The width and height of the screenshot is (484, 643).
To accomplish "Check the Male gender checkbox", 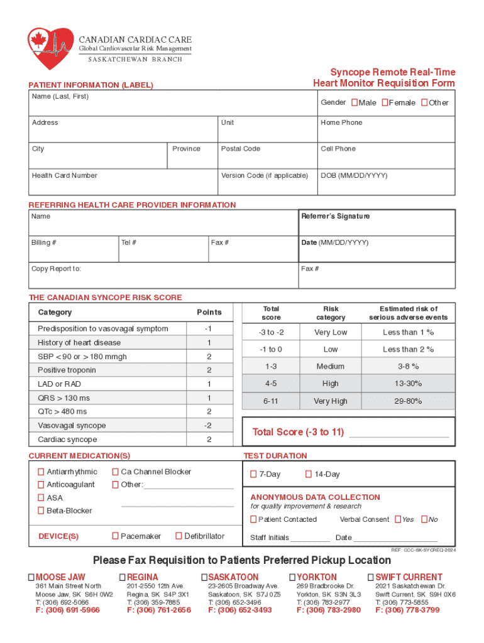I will [x=355, y=102].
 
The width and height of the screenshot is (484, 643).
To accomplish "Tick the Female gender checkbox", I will [x=383, y=102].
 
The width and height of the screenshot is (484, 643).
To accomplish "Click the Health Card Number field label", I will [x=64, y=176].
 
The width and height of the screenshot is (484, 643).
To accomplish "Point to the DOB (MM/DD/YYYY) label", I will [x=354, y=176].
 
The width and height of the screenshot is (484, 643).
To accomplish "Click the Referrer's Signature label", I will [x=336, y=217].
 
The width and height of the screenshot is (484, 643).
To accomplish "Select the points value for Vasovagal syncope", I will [x=209, y=426].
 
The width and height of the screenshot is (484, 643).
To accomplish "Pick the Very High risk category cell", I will [x=331, y=401].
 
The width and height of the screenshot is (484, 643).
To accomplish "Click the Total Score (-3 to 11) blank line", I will [x=399, y=434].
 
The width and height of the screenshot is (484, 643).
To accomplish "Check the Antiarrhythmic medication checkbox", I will [x=41, y=472].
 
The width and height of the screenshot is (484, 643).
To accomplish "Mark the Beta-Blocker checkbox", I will [x=41, y=511].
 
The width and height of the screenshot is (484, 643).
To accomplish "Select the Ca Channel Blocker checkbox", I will [x=115, y=472].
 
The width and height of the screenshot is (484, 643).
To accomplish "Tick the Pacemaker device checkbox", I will [x=115, y=536].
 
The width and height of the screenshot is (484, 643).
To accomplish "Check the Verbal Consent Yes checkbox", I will [x=398, y=519].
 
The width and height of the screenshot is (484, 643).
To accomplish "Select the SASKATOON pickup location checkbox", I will [x=204, y=577].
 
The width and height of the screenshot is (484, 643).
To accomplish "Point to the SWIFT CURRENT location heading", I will [x=409, y=577].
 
